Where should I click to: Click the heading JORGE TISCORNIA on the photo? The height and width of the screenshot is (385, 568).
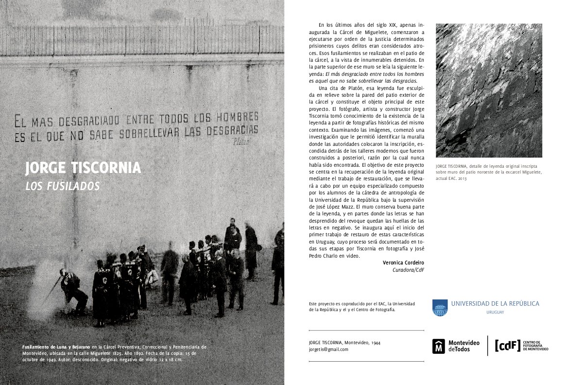tap(83, 168)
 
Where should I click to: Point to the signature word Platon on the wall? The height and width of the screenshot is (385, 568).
tap(241, 142)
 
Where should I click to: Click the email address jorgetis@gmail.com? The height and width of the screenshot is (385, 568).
tap(328, 349)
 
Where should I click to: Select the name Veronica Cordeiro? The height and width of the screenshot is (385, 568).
tap(403, 263)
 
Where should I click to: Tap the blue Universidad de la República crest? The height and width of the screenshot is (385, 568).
tap(440, 307)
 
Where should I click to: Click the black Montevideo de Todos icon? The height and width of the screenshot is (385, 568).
tap(439, 346)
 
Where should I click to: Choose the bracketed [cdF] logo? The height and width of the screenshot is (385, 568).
tap(507, 345)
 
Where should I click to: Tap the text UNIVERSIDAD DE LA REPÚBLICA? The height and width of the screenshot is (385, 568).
tap(495, 303)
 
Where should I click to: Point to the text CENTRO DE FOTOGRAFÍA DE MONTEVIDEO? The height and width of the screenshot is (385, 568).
tap(535, 346)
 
